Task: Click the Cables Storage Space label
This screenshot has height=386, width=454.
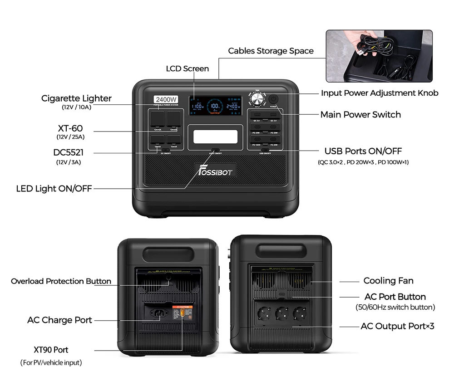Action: pos(271,51)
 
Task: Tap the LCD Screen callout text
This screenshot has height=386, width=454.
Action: pos(188,68)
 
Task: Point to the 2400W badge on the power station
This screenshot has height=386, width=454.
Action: pos(167,99)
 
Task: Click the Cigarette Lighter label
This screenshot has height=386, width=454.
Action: pos(76,98)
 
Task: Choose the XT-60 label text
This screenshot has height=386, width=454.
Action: pos(70,129)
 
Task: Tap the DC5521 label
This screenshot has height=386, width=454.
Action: pos(69,153)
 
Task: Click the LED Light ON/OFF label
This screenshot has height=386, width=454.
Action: pos(54,188)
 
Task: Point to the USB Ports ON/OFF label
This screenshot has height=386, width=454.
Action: pos(363,151)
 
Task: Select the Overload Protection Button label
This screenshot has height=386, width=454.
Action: pos(61,281)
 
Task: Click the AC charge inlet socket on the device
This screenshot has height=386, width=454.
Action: pos(156,313)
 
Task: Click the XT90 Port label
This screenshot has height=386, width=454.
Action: pos(51,350)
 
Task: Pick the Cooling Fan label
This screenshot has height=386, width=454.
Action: pos(388,281)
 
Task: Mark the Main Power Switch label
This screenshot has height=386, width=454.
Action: pos(360,114)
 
